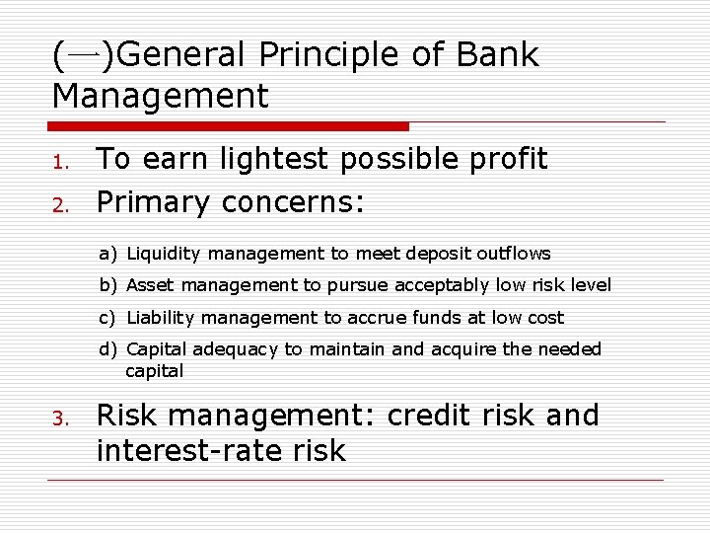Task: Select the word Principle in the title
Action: tap(328, 55)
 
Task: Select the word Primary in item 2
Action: tap(153, 202)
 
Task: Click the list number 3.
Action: tap(59, 419)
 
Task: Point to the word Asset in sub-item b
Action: tap(150, 285)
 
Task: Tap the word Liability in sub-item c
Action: tap(161, 318)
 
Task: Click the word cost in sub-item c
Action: tap(545, 318)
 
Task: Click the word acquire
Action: tap(479, 349)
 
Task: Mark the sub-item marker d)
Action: tap(107, 349)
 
